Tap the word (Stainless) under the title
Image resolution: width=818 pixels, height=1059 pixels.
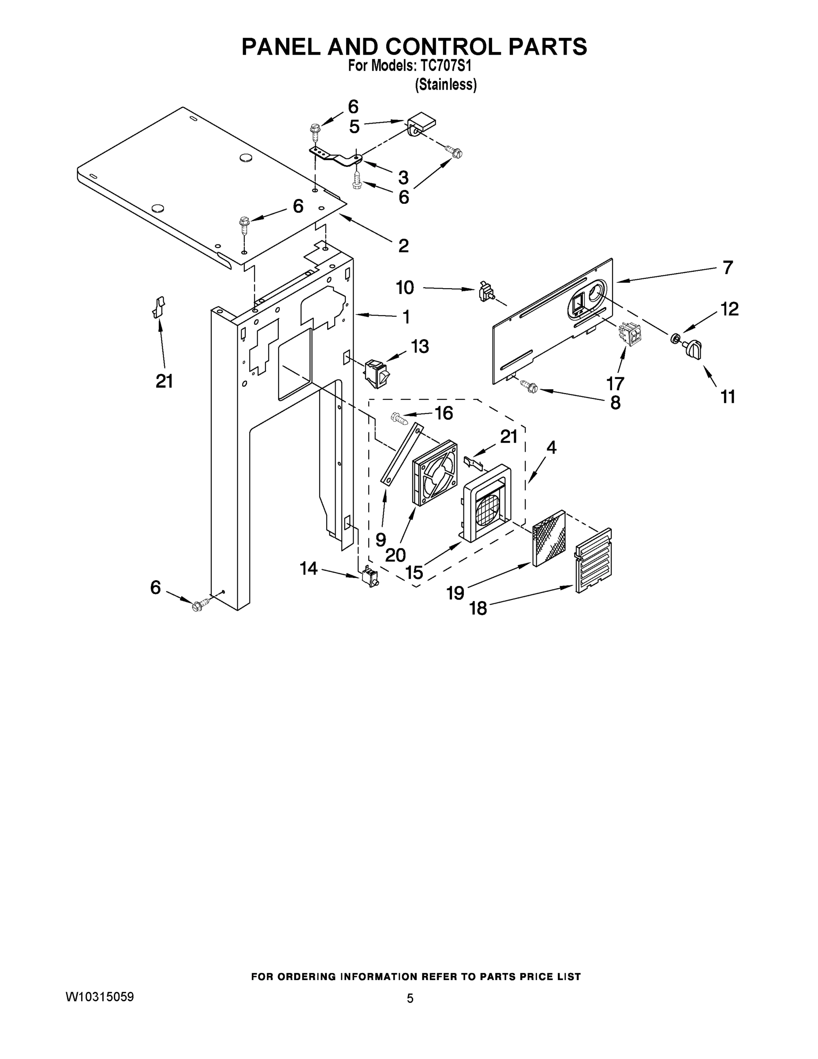(446, 85)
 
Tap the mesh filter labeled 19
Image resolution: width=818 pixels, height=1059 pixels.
(549, 538)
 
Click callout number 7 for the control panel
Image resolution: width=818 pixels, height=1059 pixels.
(727, 268)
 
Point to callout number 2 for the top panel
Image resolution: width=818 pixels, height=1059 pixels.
(403, 246)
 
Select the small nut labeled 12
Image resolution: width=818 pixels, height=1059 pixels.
(674, 338)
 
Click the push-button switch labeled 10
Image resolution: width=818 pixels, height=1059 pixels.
(485, 293)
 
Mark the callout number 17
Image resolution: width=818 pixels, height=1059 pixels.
(616, 383)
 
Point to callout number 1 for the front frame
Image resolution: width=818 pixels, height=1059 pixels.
(406, 317)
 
